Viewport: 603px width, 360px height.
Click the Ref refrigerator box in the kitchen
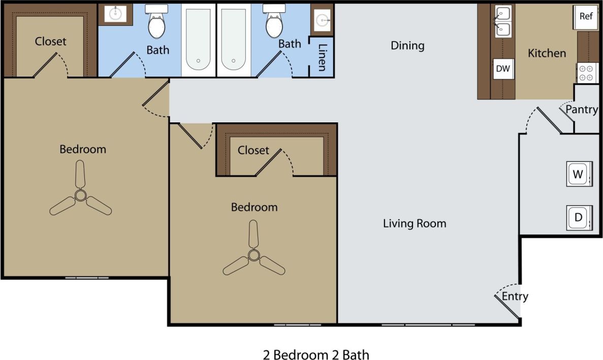[586, 16]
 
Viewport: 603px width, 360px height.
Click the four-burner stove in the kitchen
[586, 73]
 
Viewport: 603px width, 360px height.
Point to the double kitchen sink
[503, 21]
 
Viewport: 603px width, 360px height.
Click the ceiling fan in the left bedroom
[80, 195]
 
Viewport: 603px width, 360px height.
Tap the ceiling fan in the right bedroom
[253, 255]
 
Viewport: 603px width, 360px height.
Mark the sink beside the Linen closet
[322, 20]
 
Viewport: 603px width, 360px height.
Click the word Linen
[322, 57]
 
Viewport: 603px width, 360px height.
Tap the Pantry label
[582, 109]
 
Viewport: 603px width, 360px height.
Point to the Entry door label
[515, 297]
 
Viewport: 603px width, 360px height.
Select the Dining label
[407, 46]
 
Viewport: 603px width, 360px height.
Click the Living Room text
[415, 223]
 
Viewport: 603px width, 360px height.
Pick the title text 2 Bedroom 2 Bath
[316, 354]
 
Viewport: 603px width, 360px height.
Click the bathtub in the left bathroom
[198, 40]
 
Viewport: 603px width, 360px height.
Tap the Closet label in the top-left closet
[50, 42]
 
